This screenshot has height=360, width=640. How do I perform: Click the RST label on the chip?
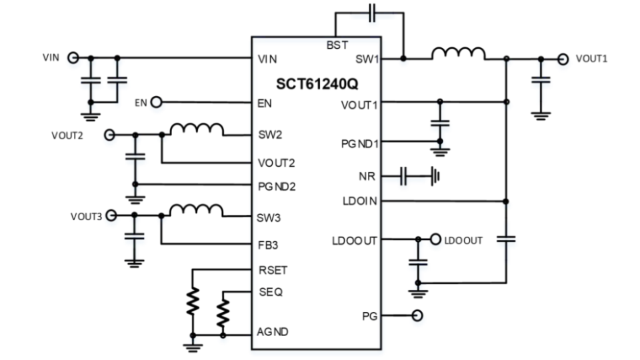click(337, 44)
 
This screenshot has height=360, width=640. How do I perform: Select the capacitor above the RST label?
click(373, 16)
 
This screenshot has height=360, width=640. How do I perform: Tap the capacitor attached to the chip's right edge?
click(404, 179)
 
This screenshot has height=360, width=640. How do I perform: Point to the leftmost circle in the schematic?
click(73, 61)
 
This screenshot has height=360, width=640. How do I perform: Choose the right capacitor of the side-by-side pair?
click(118, 84)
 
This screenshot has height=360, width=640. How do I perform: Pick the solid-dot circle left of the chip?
click(157, 105)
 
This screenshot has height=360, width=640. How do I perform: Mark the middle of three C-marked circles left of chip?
click(110, 138)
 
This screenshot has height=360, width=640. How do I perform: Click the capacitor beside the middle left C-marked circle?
click(136, 161)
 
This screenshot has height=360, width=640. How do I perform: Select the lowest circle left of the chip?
click(111, 218)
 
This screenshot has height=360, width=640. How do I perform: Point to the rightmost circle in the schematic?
click(564, 63)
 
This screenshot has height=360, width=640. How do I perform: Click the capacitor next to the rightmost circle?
click(541, 84)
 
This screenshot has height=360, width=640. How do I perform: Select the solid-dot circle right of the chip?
click(436, 241)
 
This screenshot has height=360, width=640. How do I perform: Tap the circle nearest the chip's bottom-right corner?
click(418, 318)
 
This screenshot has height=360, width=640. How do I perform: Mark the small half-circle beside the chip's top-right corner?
click(404, 64)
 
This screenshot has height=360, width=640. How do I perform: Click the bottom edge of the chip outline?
click(317, 351)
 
